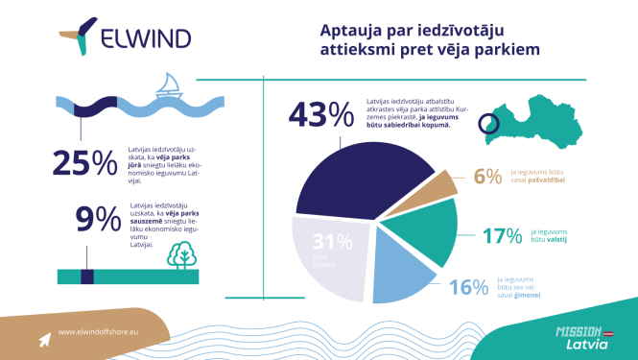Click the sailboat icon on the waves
[169, 86]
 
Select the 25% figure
[84, 164]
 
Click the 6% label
[487, 176]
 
